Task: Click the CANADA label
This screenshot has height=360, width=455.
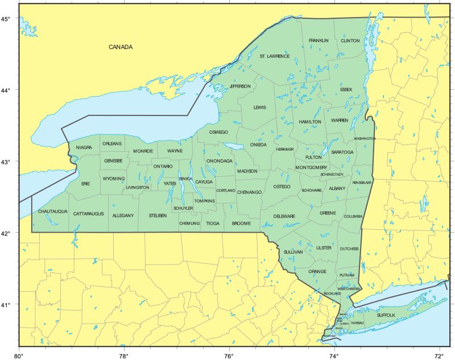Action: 121,47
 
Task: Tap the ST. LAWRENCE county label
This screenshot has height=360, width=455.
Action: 275,56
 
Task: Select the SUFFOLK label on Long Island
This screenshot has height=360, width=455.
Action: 386,315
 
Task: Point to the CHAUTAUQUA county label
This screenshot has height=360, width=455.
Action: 53,212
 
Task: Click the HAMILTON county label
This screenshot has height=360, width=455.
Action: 310,122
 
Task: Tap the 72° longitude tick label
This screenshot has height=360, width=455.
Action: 440,355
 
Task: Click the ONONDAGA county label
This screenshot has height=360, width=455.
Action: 220,161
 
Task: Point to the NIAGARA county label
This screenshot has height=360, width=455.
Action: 84,147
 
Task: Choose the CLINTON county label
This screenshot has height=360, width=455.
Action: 350,41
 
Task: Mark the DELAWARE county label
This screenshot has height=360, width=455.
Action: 284,216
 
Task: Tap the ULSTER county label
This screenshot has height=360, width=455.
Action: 322,248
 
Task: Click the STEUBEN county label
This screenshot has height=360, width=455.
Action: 158,216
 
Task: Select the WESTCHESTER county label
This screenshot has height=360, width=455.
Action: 349,289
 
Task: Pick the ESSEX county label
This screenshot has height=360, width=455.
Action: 346,89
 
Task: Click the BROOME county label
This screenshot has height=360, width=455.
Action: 241,224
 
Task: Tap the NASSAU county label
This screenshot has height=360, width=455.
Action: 357,322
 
